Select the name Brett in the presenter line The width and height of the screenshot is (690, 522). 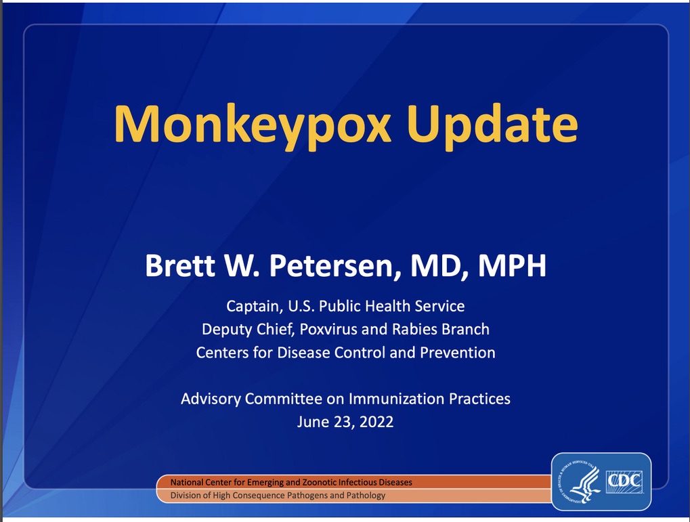click(x=180, y=265)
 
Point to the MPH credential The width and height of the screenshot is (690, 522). click(x=512, y=265)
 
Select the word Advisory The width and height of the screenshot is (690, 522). click(x=211, y=399)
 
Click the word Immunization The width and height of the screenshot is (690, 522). click(x=396, y=399)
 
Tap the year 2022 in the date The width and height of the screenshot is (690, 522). click(x=376, y=422)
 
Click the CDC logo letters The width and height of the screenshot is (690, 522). click(x=624, y=481)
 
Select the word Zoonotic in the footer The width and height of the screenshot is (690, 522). click(x=318, y=482)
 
